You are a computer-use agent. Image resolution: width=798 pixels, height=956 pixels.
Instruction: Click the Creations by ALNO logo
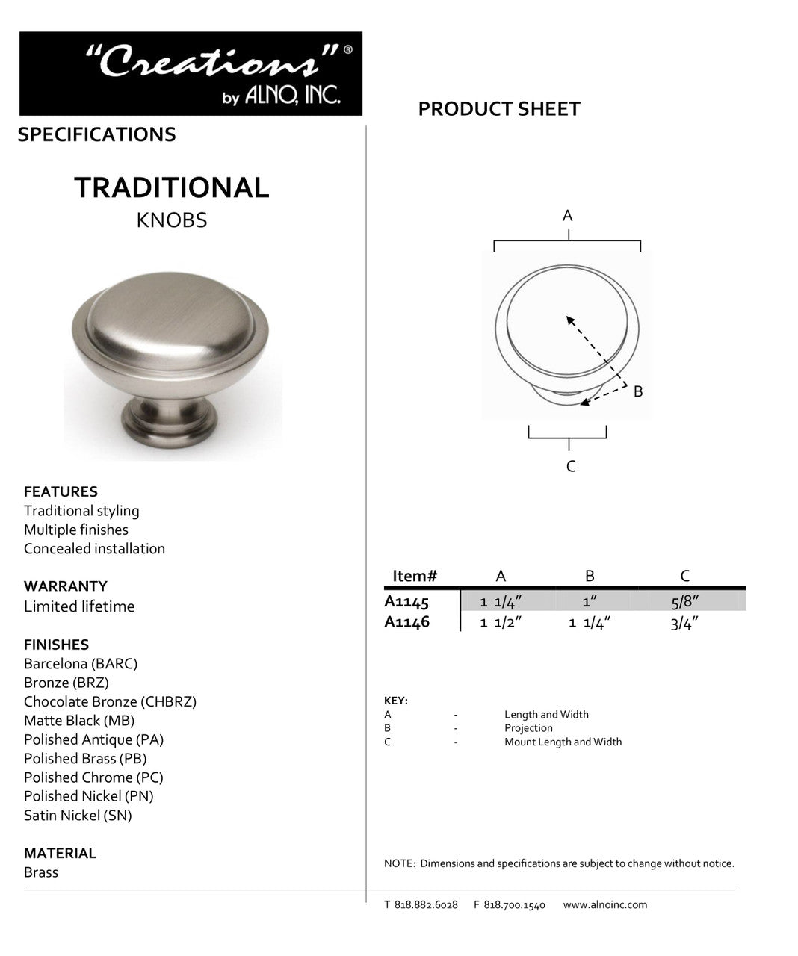coord(191,73)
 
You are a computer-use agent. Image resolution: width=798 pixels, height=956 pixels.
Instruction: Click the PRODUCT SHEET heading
coord(498,109)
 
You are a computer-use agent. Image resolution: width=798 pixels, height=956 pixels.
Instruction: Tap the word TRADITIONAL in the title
coord(171,187)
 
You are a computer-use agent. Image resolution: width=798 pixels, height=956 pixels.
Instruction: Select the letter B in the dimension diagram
coord(637,391)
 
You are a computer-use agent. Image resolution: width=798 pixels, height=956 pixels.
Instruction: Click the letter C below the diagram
coord(570,467)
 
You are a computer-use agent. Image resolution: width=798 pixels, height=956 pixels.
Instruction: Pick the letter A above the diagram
coord(567,216)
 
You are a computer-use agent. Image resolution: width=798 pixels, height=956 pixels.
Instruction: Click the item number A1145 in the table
coord(406,601)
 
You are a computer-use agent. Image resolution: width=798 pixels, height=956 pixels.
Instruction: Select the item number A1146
coord(406,621)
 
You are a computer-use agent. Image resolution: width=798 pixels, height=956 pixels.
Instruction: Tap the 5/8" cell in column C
coord(684,602)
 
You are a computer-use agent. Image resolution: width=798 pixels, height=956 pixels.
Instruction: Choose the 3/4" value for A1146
coord(684,623)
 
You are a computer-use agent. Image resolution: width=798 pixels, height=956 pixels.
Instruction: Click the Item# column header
coord(415,576)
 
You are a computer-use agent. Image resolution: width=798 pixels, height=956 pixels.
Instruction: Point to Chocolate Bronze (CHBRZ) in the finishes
coord(110,702)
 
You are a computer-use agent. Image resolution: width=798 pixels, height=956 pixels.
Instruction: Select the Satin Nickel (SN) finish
coord(78,816)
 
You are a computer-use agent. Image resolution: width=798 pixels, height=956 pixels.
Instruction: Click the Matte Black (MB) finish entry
coord(79,721)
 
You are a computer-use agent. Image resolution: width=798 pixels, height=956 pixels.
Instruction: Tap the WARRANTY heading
coord(65,586)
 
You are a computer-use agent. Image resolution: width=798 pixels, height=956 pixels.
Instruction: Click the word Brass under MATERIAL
coord(41,872)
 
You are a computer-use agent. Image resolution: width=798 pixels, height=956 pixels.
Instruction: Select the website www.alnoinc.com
coord(605,905)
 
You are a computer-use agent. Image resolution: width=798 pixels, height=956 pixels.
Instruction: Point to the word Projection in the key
coord(528,728)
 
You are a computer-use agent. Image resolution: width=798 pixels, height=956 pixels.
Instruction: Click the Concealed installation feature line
coord(94,549)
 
